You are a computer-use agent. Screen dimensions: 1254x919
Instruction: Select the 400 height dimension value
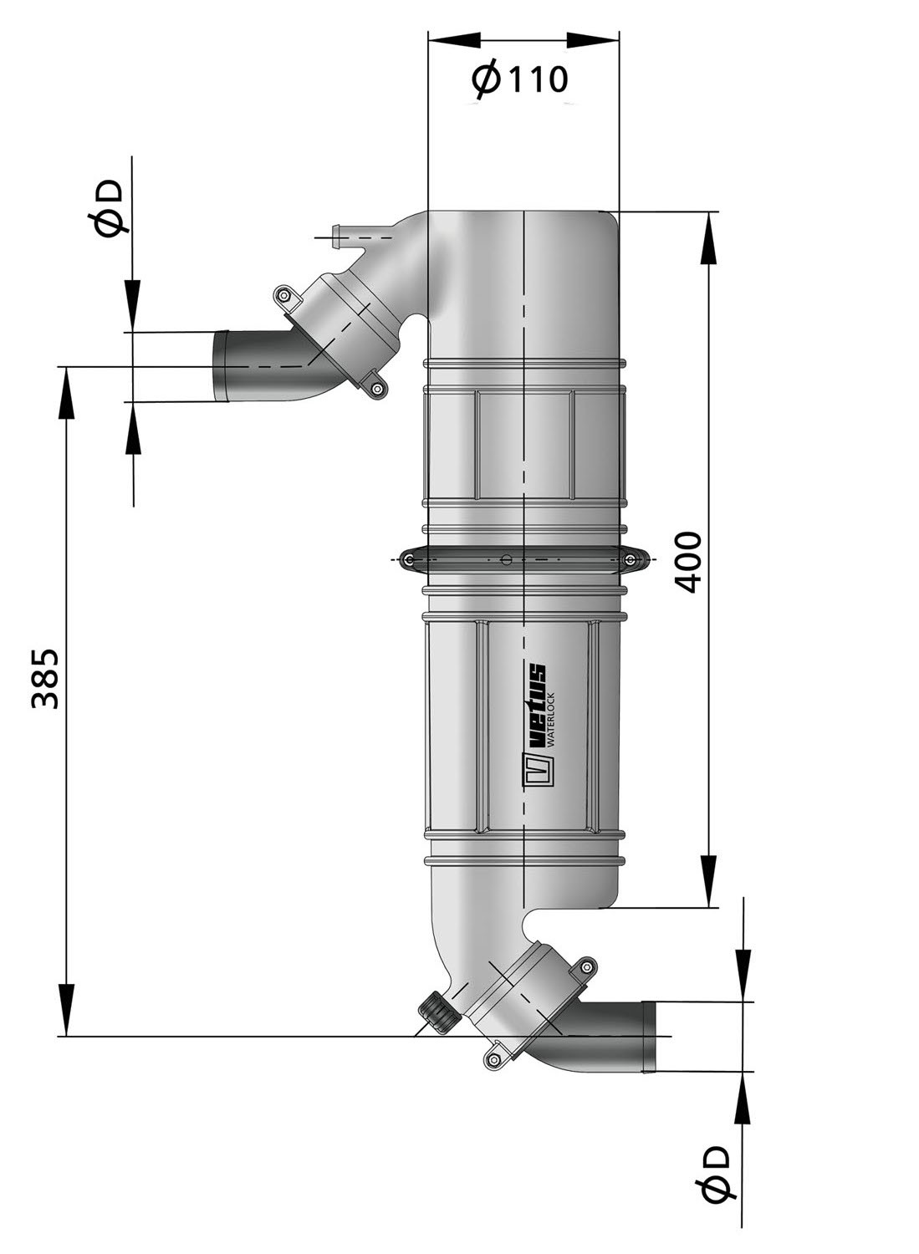click(x=688, y=561)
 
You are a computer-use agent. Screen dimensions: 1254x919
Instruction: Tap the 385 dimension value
click(x=45, y=678)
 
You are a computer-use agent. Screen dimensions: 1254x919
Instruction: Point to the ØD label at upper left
click(x=108, y=208)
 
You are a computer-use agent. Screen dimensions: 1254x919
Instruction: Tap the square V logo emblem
click(x=534, y=772)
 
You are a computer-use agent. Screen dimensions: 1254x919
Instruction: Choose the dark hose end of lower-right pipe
click(x=648, y=1036)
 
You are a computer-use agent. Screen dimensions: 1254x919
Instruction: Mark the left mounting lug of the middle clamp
click(x=409, y=560)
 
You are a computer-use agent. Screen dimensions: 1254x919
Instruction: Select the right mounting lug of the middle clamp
click(x=636, y=560)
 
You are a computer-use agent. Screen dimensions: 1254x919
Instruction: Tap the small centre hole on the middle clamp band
click(x=504, y=560)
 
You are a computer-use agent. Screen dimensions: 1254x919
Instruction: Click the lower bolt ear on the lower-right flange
click(x=493, y=1059)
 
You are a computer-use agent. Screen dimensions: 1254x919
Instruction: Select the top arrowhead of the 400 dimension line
click(x=709, y=238)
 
